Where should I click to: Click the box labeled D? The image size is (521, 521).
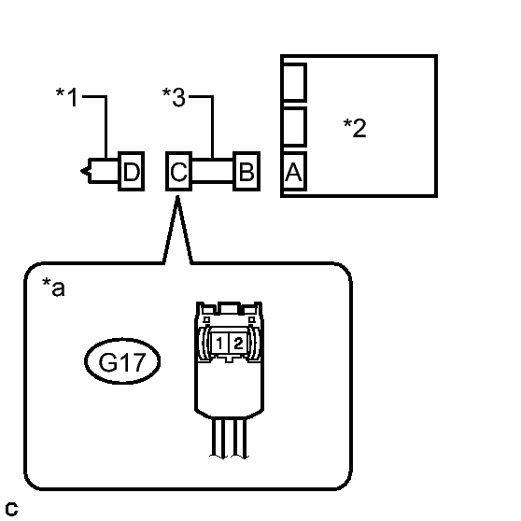(132, 172)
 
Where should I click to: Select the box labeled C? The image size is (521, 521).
(178, 172)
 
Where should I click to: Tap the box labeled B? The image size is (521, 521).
(246, 172)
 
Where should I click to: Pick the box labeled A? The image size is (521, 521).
(294, 172)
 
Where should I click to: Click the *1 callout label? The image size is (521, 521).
(66, 97)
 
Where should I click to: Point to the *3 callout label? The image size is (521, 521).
(174, 97)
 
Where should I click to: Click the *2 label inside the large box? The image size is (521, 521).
(355, 128)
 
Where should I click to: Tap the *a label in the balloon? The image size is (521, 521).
(53, 287)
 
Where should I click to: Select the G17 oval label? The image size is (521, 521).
(122, 361)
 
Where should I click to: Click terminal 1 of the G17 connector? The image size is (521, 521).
(219, 343)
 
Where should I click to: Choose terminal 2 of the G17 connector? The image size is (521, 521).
(238, 343)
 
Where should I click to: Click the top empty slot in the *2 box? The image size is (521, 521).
(294, 82)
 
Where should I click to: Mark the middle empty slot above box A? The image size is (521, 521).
(294, 127)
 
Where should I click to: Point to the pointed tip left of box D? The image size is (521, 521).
(81, 172)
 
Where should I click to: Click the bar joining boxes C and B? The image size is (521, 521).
(212, 172)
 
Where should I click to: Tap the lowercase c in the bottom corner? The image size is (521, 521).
(11, 509)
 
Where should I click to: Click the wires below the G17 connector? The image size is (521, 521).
(229, 438)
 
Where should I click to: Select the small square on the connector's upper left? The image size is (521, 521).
(206, 319)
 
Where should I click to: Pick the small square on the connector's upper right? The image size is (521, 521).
(251, 319)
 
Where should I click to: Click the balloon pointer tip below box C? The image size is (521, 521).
(177, 197)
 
